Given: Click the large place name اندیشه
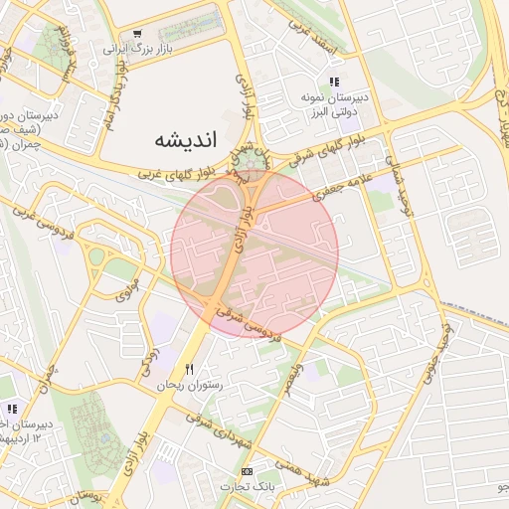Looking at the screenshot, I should pyautogui.click(x=185, y=139).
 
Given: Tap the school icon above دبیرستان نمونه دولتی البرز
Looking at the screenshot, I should pyautogui.click(x=334, y=83).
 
